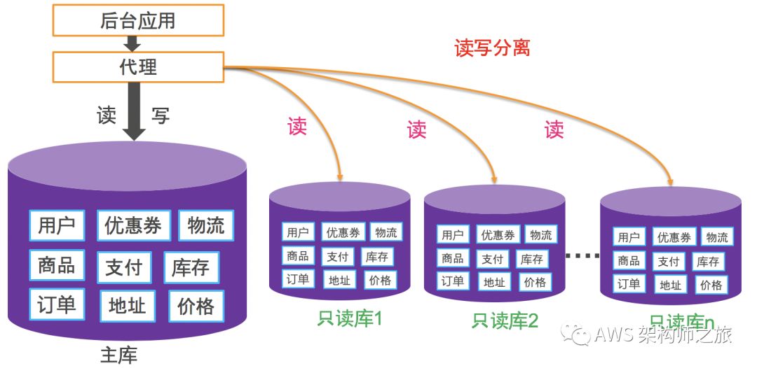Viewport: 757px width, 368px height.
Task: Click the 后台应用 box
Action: pyautogui.click(x=138, y=20)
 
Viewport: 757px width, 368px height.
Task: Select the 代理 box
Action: pyautogui.click(x=138, y=66)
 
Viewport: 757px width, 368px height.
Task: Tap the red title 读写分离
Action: pyautogui.click(x=492, y=48)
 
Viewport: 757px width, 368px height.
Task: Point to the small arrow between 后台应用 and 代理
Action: pyautogui.click(x=138, y=44)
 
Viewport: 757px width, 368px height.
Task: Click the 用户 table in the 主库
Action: pyautogui.click(x=57, y=225)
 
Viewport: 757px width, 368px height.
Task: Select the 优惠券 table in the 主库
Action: pyautogui.click(x=132, y=226)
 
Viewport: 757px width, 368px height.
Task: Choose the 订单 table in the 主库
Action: pyautogui.click(x=57, y=305)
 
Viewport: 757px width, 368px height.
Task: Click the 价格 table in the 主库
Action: pyautogui.click(x=196, y=306)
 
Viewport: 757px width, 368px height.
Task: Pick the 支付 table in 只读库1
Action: pyautogui.click(x=337, y=257)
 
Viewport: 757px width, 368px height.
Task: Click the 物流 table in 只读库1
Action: pyautogui.click(x=385, y=232)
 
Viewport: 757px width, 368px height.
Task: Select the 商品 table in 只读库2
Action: pyautogui.click(x=452, y=258)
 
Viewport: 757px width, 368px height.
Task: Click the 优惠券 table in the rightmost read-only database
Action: pyautogui.click(x=674, y=237)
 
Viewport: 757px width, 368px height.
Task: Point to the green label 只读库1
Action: pyautogui.click(x=348, y=320)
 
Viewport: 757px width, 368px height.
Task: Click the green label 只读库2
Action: pyautogui.click(x=505, y=321)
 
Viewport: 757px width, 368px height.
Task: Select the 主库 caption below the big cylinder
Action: pyautogui.click(x=118, y=355)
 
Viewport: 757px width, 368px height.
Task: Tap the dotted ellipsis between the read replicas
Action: pyautogui.click(x=582, y=255)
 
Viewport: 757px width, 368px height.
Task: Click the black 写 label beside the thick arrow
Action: pyautogui.click(x=161, y=115)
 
